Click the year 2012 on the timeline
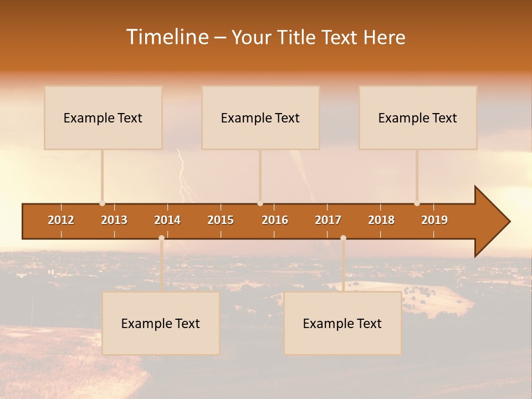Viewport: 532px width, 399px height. point(61,220)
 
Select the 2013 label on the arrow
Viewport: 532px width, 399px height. point(114,220)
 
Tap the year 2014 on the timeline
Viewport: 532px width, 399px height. point(167,220)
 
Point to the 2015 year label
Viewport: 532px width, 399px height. point(221,220)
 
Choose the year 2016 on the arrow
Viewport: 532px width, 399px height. point(275,220)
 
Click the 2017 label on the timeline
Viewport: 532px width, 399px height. point(328,220)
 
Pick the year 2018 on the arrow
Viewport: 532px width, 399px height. point(381,220)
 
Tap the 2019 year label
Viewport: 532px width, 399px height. point(434,220)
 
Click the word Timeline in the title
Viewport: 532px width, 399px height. point(167,37)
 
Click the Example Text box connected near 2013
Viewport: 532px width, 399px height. point(103,117)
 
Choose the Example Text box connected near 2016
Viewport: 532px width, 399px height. point(260,117)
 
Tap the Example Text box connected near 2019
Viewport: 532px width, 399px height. point(418,117)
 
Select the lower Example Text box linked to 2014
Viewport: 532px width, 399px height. point(161,323)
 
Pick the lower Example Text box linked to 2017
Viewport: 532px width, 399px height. point(342,323)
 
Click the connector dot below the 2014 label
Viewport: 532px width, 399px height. point(161,238)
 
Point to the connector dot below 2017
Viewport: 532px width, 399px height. point(343,238)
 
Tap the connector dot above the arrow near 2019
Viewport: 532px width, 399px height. point(417,203)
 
